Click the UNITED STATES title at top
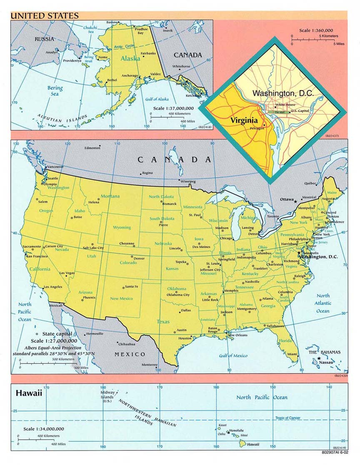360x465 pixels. coord(45,16)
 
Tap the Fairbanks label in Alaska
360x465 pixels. coord(148,53)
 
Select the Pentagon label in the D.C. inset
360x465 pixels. coord(257,128)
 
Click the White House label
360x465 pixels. coord(285,105)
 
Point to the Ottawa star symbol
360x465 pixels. coord(296,201)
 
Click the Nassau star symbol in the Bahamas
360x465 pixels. coord(319,358)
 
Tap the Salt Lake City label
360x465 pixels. coord(93,248)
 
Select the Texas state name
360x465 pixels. coord(163,321)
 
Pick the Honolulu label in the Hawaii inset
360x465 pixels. coord(236,431)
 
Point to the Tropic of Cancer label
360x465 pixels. coord(288,418)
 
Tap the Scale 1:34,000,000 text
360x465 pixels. coord(44,429)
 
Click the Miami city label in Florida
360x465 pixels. coord(292,354)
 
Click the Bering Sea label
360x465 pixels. coord(55,91)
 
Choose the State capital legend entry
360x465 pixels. coord(57,334)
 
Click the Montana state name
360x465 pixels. coord(110,196)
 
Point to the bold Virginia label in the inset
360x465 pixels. coord(244,119)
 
